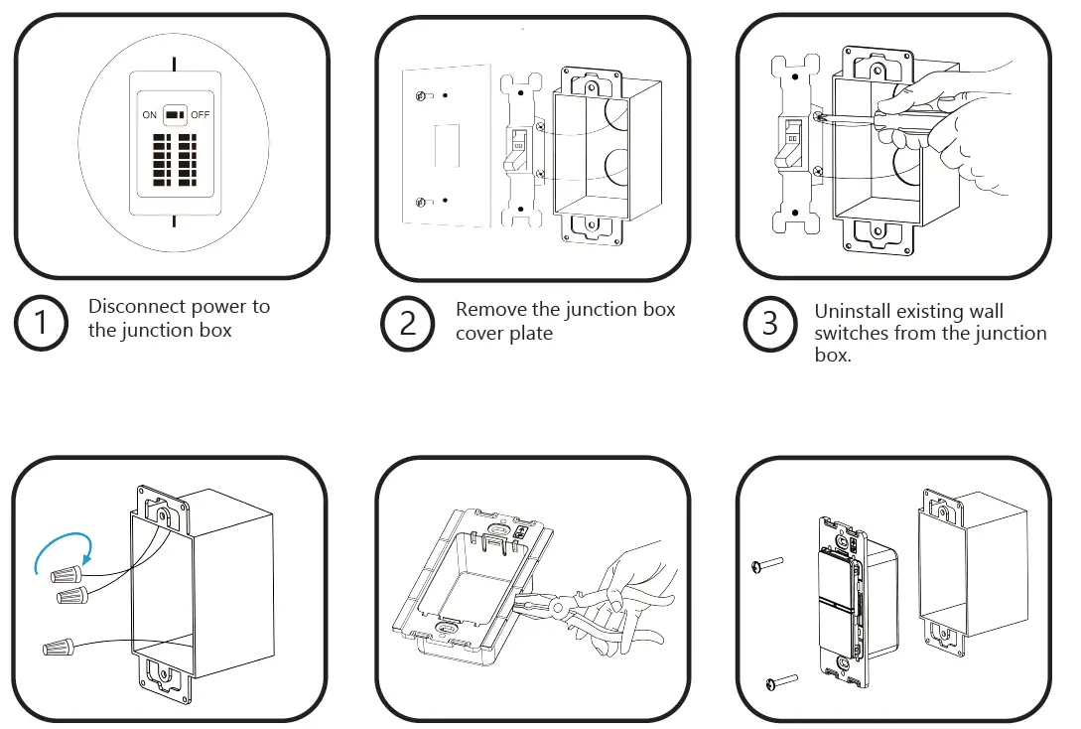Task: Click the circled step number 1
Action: click(x=41, y=323)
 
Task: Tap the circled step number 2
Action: click(x=407, y=323)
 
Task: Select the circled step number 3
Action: click(x=770, y=323)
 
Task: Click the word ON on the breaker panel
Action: click(x=149, y=115)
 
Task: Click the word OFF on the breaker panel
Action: click(x=201, y=115)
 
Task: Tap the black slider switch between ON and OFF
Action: click(x=175, y=115)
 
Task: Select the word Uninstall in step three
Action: click(x=854, y=312)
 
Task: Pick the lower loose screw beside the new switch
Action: click(x=781, y=682)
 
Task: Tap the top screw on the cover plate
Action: click(x=423, y=95)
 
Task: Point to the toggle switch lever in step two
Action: click(x=517, y=149)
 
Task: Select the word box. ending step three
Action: click(x=832, y=355)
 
